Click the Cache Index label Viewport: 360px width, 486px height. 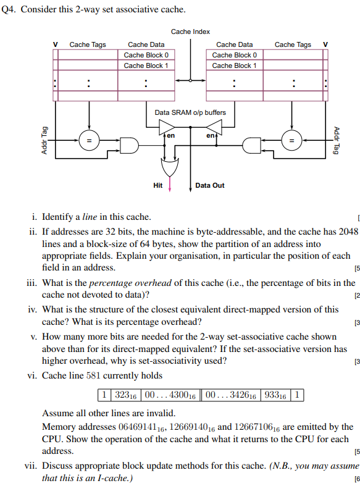tap(190, 31)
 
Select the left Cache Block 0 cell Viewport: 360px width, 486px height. tap(146, 55)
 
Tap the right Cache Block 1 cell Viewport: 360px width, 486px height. tap(234, 65)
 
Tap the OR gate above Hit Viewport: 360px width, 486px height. tap(169, 167)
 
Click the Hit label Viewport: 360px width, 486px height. tap(158, 185)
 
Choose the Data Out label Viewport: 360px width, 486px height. tap(210, 185)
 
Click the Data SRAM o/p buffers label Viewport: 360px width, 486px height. tap(190, 112)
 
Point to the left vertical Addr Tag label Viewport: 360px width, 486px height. tap(44, 141)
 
